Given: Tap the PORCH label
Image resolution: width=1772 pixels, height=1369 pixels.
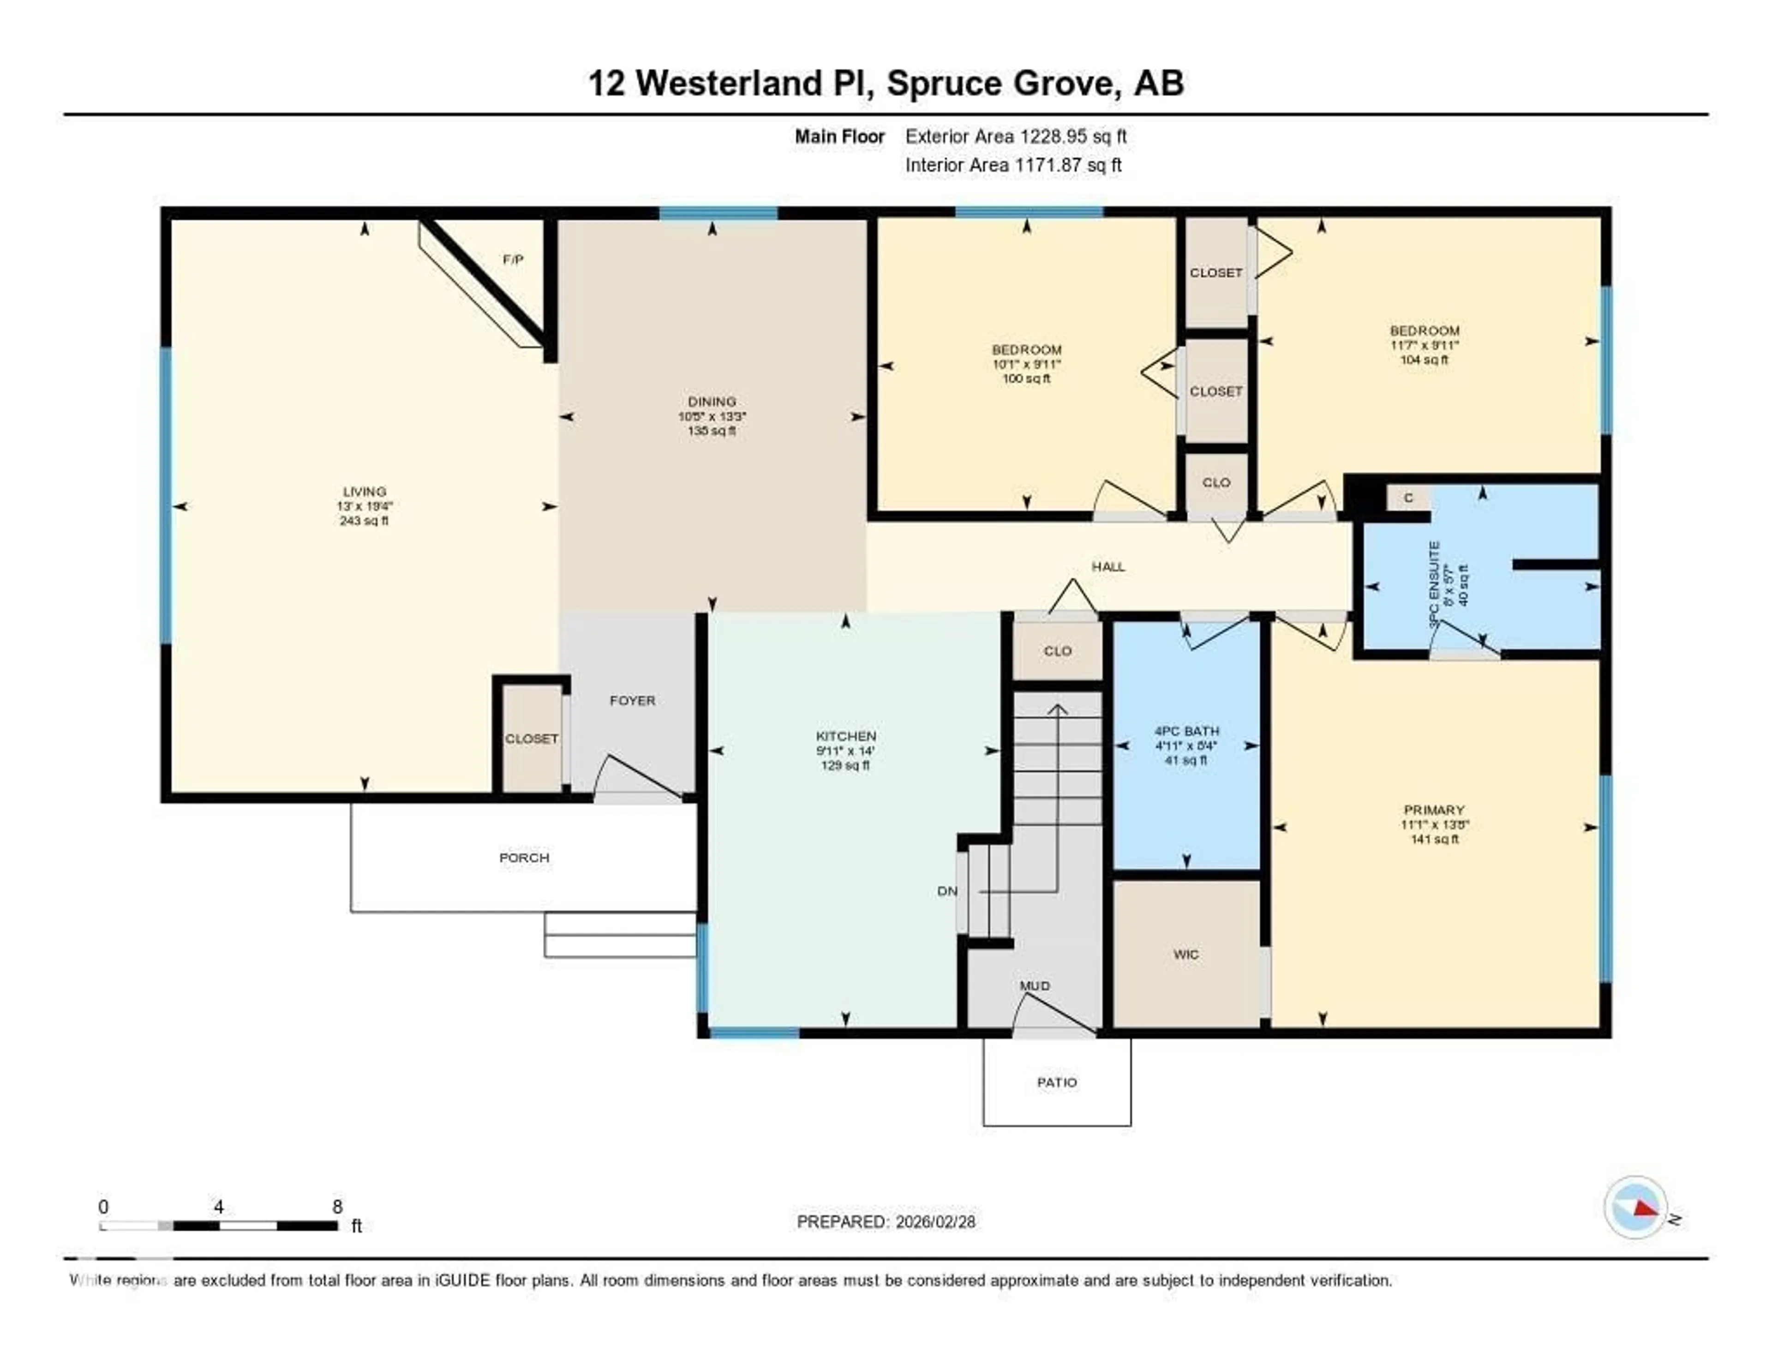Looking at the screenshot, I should [x=524, y=858].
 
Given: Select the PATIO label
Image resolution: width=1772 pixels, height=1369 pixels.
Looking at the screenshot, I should [x=1056, y=1082].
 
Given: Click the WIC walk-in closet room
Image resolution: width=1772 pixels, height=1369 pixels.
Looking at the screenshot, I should [x=1185, y=955].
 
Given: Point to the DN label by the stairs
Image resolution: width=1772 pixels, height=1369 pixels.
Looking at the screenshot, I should [x=947, y=891].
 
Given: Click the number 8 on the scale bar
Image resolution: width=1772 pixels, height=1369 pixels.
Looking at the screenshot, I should [x=337, y=1207].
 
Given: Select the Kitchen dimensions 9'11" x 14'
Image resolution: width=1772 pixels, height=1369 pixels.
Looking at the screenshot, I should [x=845, y=751].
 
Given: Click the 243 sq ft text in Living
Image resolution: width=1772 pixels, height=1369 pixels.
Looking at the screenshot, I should [x=364, y=521].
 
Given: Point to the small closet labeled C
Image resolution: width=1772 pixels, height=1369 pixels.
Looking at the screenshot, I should [x=1408, y=498].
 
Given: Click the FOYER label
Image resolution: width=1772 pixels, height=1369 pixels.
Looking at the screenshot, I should [x=632, y=700].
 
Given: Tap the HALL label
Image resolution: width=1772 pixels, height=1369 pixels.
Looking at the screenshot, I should [x=1107, y=566].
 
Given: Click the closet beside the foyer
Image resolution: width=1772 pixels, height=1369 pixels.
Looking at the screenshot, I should [x=532, y=739].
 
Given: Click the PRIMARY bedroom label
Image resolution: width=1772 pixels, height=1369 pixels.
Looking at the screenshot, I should [x=1434, y=810].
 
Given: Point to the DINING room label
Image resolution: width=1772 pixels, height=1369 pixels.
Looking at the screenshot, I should [x=712, y=402].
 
